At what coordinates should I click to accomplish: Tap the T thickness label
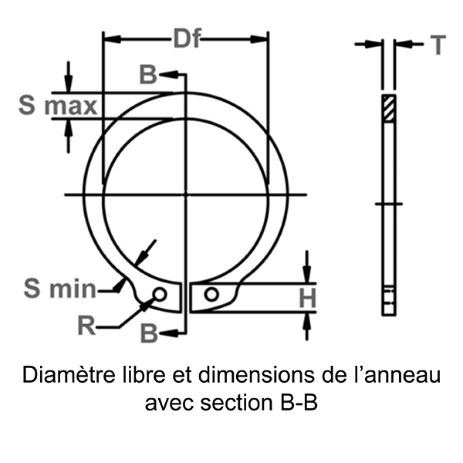click(438, 46)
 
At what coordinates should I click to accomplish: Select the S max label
click(59, 106)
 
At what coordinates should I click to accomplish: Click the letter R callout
click(87, 326)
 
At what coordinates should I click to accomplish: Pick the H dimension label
click(308, 299)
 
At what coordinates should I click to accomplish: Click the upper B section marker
click(147, 75)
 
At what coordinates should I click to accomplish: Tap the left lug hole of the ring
click(160, 294)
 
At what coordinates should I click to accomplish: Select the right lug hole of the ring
click(211, 294)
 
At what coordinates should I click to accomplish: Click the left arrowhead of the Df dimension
click(109, 38)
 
